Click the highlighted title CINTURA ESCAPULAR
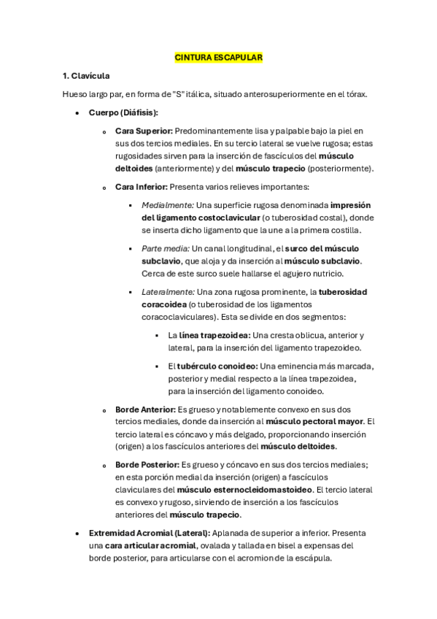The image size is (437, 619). (x=218, y=57)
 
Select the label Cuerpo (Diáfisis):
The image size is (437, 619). (x=123, y=112)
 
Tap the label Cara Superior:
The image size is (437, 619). (x=144, y=131)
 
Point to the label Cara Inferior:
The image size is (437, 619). (x=142, y=187)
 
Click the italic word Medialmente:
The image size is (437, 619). (x=168, y=206)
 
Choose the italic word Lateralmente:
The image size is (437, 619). (x=168, y=292)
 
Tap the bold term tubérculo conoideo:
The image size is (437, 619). (x=217, y=366)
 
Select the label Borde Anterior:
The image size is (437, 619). (x=145, y=410)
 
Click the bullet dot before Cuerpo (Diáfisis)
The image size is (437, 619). (x=77, y=113)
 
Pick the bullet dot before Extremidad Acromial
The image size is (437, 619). (x=77, y=534)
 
